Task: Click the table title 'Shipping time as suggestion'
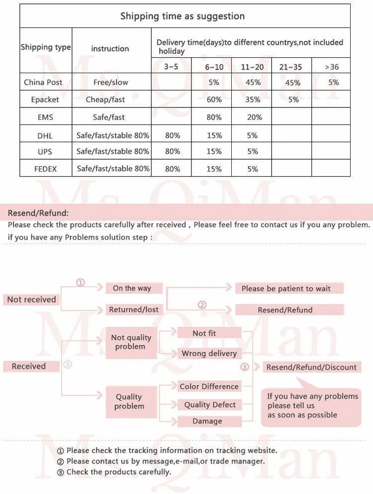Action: click(x=183, y=16)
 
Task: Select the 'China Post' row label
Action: click(x=43, y=82)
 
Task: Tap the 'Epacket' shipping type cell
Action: click(x=45, y=99)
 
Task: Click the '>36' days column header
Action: click(x=331, y=67)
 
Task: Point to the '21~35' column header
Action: click(x=290, y=67)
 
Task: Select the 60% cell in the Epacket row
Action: click(x=214, y=99)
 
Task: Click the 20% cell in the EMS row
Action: click(x=252, y=117)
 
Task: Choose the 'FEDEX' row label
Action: click(x=45, y=169)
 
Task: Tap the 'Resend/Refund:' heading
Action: click(x=38, y=213)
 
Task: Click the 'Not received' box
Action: click(x=32, y=299)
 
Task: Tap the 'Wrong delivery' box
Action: click(x=209, y=353)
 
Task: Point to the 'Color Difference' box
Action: click(x=209, y=386)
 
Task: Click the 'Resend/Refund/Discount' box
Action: click(x=311, y=367)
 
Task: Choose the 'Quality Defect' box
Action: click(x=209, y=404)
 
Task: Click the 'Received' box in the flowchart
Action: click(x=29, y=366)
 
